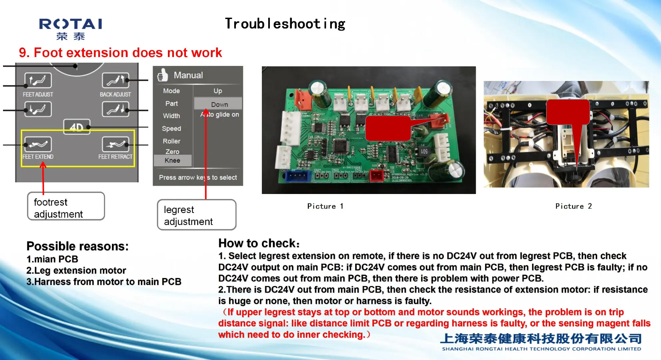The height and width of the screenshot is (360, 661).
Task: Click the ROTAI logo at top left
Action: [x=71, y=29]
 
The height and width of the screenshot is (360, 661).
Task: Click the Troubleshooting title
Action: [x=285, y=24]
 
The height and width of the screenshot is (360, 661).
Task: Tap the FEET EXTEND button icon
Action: [x=38, y=144]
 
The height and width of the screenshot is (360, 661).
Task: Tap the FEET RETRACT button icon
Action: [x=115, y=144]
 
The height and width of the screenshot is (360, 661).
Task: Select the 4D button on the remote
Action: [x=77, y=127]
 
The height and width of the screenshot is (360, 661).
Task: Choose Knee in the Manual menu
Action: [x=172, y=160]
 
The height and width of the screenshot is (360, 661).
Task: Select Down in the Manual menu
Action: [x=219, y=104]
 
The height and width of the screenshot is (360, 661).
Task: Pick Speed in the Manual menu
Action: [x=172, y=129]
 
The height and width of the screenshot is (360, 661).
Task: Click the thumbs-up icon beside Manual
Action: [x=162, y=75]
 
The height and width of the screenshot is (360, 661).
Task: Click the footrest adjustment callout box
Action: [x=66, y=206]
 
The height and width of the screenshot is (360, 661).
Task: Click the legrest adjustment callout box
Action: [x=197, y=215]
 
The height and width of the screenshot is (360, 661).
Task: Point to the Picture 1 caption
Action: [x=325, y=206]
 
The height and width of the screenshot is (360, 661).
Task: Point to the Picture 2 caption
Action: [x=573, y=206]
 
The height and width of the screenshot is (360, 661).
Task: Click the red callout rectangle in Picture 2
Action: [x=568, y=112]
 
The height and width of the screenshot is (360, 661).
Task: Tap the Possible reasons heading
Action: [x=77, y=246]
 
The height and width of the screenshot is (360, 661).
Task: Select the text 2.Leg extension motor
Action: [x=76, y=270]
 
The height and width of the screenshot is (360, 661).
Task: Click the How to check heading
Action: [x=259, y=243]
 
